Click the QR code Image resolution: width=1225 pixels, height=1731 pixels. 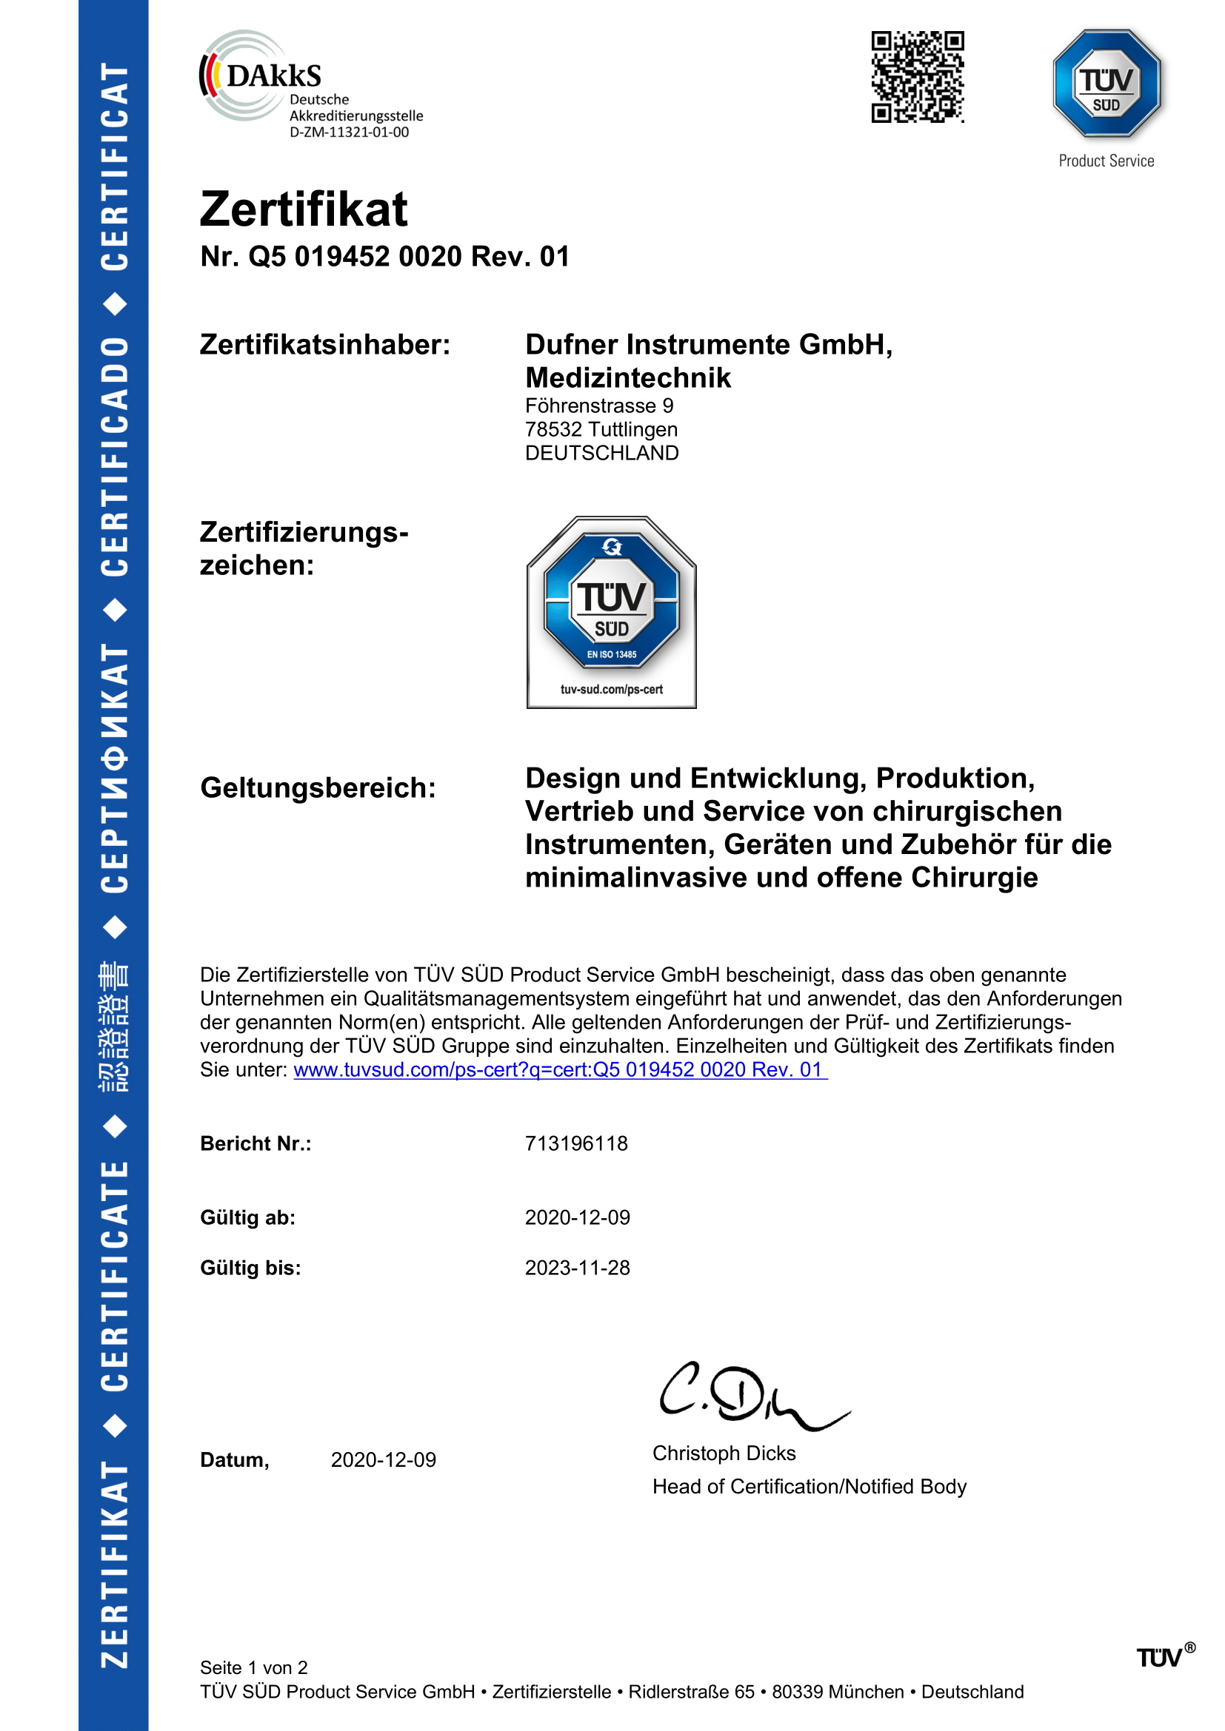[x=917, y=77]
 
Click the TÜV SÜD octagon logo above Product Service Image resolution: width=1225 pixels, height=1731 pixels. [x=1106, y=84]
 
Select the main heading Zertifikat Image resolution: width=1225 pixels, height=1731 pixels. [x=303, y=209]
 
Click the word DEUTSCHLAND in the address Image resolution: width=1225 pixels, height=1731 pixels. [x=601, y=453]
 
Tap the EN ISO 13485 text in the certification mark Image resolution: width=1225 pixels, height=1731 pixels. [x=611, y=654]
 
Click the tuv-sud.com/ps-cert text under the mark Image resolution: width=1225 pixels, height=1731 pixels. [x=611, y=689]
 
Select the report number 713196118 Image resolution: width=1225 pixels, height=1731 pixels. [x=575, y=1143]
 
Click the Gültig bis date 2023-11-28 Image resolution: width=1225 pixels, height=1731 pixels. [x=577, y=1268]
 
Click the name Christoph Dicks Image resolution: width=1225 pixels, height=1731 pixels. [x=724, y=1453]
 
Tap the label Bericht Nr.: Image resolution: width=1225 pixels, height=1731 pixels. [x=256, y=1143]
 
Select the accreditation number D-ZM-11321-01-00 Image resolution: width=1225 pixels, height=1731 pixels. [x=349, y=132]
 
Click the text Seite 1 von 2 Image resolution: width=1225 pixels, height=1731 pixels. [x=253, y=1667]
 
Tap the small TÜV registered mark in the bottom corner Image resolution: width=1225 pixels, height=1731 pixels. [x=1165, y=1656]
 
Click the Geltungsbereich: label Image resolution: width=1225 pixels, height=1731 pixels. [x=318, y=788]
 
